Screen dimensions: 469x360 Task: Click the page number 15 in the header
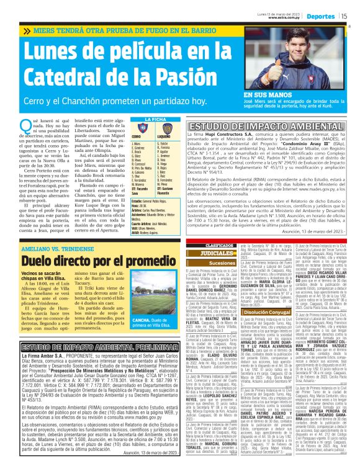343,16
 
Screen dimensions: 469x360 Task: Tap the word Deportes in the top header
321,16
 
